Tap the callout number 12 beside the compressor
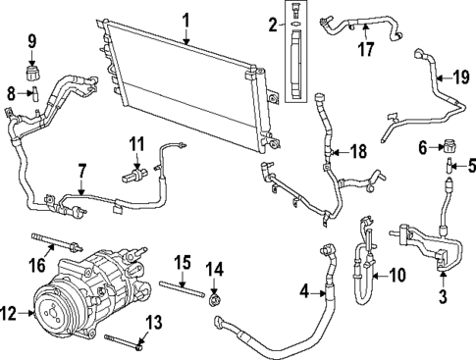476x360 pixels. point(10,314)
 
